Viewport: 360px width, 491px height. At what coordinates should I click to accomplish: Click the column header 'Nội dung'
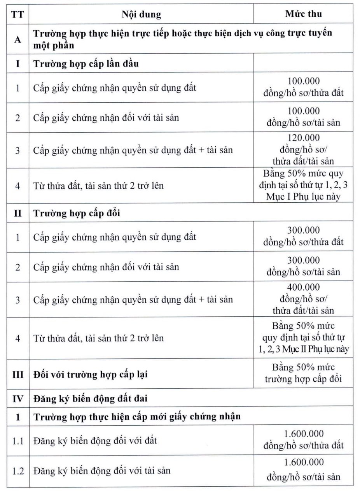141,15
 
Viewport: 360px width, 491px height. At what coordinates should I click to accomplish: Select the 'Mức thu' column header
303,14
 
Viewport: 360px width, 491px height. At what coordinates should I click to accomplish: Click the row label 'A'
17,39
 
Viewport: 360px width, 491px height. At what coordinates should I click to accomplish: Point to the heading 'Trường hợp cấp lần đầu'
86,63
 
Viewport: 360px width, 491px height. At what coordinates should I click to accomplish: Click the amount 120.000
303,138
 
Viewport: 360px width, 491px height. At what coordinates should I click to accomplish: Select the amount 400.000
303,287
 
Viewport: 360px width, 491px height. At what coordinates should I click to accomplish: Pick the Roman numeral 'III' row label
17,375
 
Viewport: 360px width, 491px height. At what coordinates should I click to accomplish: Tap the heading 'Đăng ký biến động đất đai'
90,398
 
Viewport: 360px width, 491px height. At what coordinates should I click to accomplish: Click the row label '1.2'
17,471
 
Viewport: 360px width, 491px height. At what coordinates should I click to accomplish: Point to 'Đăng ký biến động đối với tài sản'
102,471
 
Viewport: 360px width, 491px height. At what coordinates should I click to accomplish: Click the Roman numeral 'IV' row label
17,398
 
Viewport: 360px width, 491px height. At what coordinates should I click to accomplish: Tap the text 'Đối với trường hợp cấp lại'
90,375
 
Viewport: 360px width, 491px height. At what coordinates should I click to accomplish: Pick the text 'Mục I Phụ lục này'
303,196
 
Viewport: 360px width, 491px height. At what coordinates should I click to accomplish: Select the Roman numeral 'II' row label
17,213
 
